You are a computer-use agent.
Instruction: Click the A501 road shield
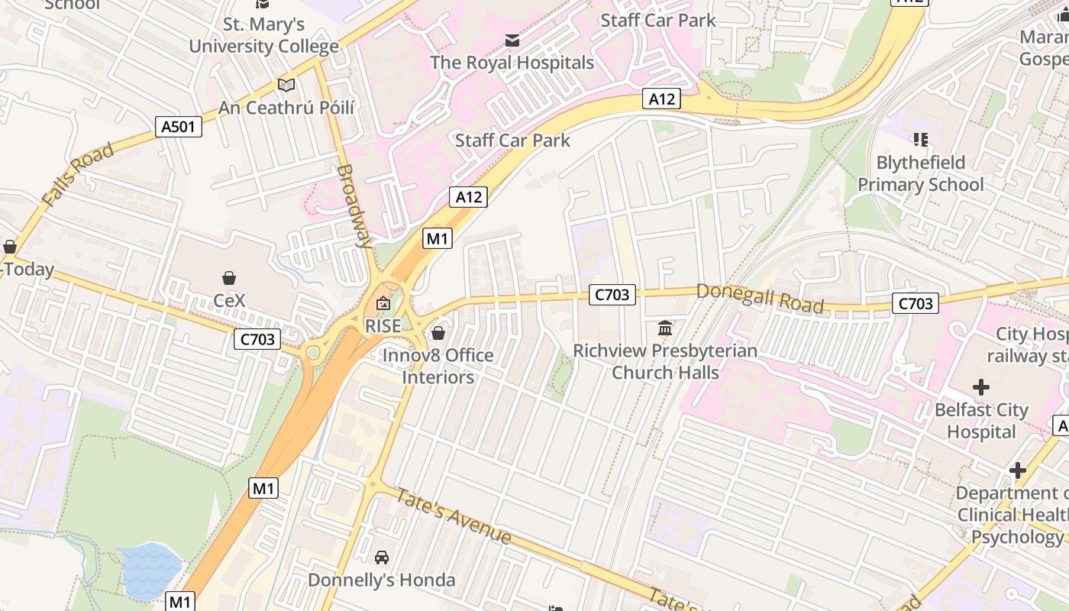179,126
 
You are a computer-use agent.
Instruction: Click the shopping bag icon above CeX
228,277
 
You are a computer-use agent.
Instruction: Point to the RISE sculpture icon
383,304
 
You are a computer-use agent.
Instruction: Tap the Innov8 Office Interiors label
438,366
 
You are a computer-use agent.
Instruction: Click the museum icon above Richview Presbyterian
664,328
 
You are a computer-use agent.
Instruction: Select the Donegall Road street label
760,298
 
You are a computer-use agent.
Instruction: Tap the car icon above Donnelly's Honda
382,558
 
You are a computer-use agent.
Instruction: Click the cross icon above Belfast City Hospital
980,387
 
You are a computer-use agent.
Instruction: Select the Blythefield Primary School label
920,173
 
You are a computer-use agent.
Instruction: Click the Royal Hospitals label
512,63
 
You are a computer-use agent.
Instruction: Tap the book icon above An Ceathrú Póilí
286,85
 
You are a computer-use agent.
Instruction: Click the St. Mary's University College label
263,35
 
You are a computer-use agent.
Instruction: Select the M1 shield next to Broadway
437,238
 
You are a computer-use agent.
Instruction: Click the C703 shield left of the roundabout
257,339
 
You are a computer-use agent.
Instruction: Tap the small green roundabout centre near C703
312,352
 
